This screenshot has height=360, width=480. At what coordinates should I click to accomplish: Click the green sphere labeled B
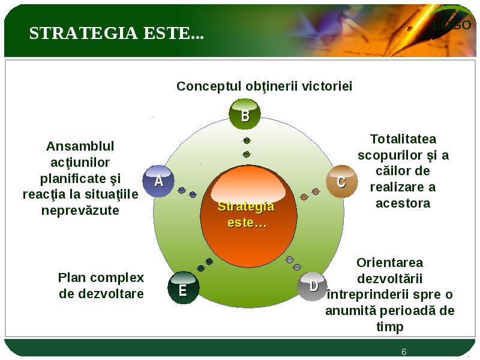point(245,114)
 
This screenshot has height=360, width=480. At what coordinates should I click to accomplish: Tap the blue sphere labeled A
point(158,181)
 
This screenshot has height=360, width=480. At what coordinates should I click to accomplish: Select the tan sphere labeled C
point(341,181)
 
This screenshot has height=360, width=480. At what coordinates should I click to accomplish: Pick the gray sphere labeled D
point(313,286)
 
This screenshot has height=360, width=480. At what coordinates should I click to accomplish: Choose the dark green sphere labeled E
point(184,287)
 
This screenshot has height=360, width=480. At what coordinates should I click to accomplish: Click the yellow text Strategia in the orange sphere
point(246,206)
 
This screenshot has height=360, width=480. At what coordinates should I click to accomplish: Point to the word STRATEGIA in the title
point(83,33)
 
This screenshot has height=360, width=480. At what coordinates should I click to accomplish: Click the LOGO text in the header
point(452,25)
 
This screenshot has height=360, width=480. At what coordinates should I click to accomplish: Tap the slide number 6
point(404,352)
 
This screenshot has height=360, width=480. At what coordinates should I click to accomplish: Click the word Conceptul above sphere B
point(209,86)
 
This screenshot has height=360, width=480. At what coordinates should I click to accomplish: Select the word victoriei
point(327,86)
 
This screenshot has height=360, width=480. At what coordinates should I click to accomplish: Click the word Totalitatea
point(403,139)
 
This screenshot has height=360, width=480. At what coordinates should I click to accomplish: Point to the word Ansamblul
point(80,146)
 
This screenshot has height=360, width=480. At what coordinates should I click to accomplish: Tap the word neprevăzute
point(80,211)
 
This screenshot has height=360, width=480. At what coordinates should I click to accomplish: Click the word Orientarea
point(389,263)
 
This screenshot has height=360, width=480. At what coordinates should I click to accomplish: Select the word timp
point(389,327)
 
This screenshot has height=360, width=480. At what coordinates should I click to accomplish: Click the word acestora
point(403,203)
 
